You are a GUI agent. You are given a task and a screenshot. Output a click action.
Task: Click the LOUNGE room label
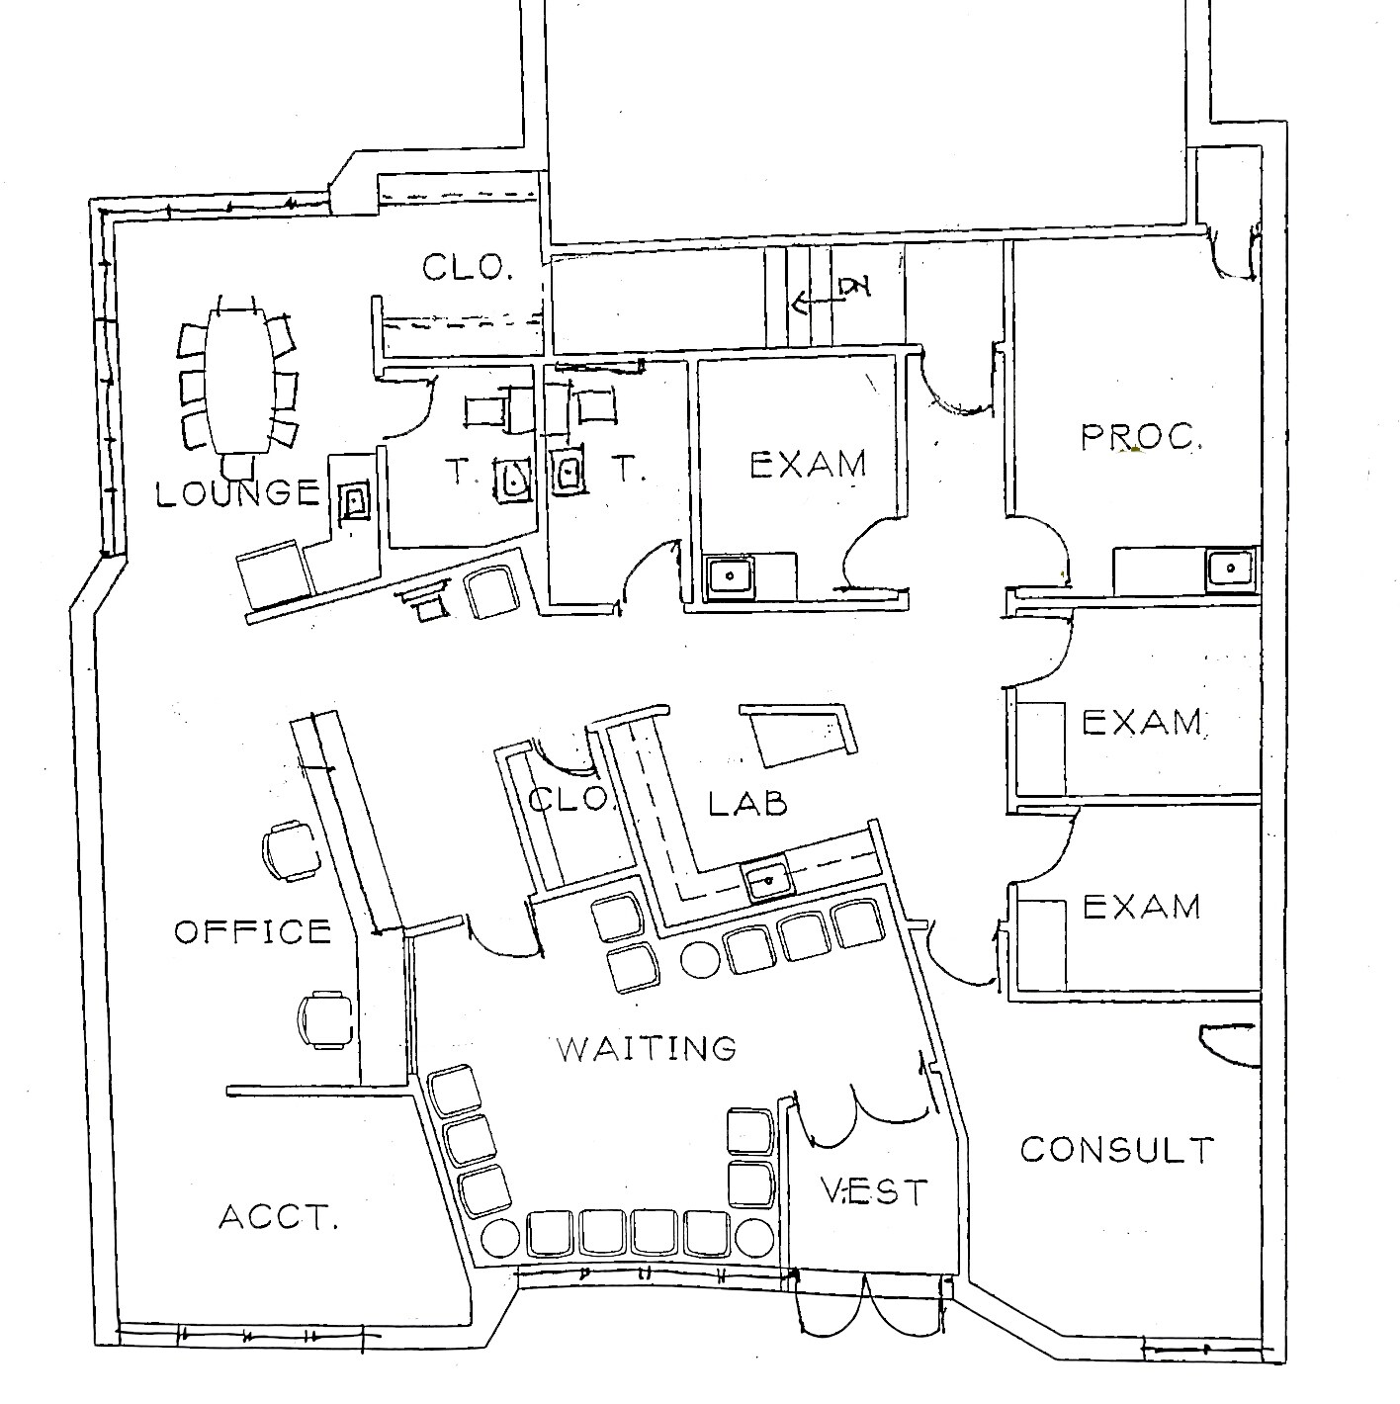(x=238, y=493)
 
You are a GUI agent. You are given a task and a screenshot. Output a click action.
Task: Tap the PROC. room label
(x=1141, y=437)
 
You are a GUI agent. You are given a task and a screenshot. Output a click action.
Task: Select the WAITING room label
(x=648, y=1048)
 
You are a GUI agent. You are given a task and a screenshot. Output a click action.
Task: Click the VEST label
(x=874, y=1191)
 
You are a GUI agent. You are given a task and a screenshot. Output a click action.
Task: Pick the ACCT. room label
(x=279, y=1217)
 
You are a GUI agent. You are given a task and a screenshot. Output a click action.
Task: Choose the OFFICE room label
(x=253, y=931)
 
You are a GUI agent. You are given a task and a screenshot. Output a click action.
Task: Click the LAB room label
(x=747, y=803)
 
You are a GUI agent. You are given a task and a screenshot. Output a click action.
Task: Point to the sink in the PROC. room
(x=1230, y=569)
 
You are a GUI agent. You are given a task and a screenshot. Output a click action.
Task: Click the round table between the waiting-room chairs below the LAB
(x=701, y=960)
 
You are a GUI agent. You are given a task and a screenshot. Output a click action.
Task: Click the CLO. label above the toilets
(x=467, y=267)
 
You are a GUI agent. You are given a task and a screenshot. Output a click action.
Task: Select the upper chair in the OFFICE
(x=291, y=851)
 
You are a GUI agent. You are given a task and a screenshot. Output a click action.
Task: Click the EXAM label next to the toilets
(x=808, y=464)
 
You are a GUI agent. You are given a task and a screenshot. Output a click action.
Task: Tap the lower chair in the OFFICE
(x=325, y=1019)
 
